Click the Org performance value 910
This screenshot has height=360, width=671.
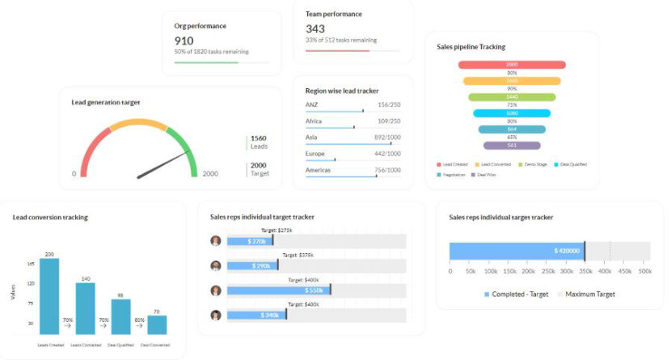184,40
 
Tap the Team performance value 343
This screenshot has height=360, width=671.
315,29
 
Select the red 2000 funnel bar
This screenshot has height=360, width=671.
512,65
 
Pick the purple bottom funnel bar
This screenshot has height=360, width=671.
512,146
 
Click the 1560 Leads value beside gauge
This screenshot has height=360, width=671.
259,138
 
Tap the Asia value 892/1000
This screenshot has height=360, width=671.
387,138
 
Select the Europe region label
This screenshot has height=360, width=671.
315,154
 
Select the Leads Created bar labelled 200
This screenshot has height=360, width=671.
49,296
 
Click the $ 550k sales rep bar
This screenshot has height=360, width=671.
278,290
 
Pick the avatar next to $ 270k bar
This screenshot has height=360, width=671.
216,241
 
